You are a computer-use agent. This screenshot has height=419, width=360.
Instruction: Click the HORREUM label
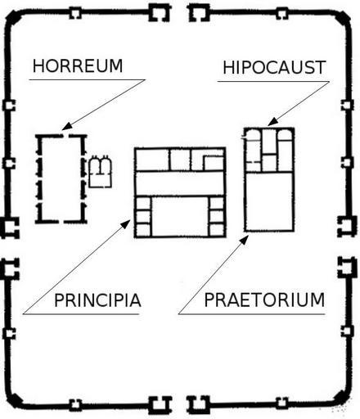[78, 66]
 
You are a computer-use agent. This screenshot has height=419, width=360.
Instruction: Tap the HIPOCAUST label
[274, 67]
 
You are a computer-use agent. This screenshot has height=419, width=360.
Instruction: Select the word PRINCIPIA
[97, 300]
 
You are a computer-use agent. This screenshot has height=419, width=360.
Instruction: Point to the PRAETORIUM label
[264, 300]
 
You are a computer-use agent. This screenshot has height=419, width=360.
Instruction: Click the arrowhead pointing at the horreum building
[66, 126]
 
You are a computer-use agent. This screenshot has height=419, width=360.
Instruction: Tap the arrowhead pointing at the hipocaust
[272, 122]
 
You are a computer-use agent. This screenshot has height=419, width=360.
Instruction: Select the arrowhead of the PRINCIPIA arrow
[126, 223]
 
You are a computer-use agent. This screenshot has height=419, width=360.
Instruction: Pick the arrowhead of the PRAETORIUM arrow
[245, 240]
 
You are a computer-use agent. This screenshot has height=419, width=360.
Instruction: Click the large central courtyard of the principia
[180, 216]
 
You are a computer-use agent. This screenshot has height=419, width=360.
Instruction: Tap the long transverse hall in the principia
[180, 183]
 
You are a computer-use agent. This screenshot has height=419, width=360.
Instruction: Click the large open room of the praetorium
[269, 201]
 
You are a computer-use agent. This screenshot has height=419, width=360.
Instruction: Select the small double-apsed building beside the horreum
[100, 172]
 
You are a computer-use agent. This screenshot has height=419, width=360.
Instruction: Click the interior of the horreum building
[61, 178]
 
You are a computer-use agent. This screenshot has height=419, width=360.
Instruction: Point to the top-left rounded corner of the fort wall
[13, 18]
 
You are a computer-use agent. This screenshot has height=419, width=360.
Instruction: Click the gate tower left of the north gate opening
[160, 13]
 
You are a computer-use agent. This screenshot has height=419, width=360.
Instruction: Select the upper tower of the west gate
[10, 228]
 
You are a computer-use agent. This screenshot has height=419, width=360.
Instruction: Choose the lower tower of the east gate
[347, 268]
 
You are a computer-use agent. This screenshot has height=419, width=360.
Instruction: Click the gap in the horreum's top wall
[65, 136]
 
